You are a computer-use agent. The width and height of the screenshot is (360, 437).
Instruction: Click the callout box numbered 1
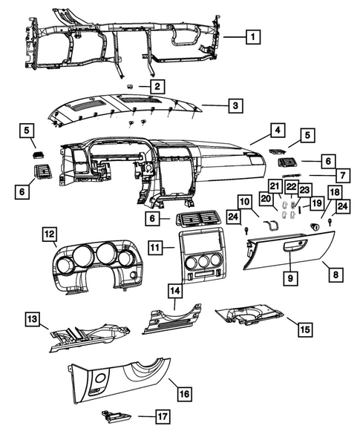click(253, 37)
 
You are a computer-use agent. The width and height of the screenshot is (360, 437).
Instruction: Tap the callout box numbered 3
click(235, 105)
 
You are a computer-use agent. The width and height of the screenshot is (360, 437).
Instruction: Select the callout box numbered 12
click(50, 234)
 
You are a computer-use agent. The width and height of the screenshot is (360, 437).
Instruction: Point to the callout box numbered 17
click(163, 417)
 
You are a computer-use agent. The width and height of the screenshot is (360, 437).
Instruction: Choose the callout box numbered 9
click(290, 278)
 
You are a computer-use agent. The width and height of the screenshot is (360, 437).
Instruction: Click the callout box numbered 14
click(175, 291)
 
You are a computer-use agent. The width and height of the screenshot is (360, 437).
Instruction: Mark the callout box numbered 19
click(317, 203)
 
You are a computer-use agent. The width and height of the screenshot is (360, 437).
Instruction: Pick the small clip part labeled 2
click(130, 87)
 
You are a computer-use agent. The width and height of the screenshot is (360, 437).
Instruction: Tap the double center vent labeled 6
click(198, 218)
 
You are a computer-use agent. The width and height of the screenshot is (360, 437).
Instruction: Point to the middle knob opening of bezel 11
click(203, 261)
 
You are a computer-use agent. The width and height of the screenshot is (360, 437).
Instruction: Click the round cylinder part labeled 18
click(315, 227)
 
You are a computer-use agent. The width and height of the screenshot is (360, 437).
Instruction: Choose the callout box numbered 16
click(185, 393)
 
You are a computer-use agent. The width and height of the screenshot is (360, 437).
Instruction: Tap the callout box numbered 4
click(278, 130)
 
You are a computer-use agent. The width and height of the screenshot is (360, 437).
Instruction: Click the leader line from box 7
click(322, 176)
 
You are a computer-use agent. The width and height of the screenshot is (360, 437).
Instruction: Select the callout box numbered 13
click(33, 319)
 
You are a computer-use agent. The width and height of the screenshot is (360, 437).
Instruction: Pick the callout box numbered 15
click(305, 329)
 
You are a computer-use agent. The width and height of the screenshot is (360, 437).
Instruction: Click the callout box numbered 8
click(336, 275)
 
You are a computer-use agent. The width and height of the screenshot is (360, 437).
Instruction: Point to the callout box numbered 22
click(292, 187)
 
